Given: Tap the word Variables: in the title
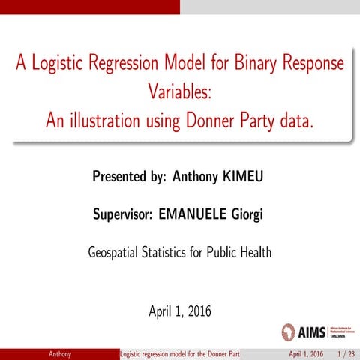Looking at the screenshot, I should tap(180, 93).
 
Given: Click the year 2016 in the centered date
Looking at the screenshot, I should tap(199, 310).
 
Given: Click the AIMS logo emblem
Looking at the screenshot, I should tap(289, 331).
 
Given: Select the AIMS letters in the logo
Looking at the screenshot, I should tap(311, 331).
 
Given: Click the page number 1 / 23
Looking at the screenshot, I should tap(346, 353).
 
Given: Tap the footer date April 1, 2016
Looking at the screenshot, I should tap(306, 353).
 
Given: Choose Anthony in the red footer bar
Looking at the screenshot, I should tap(60, 353).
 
